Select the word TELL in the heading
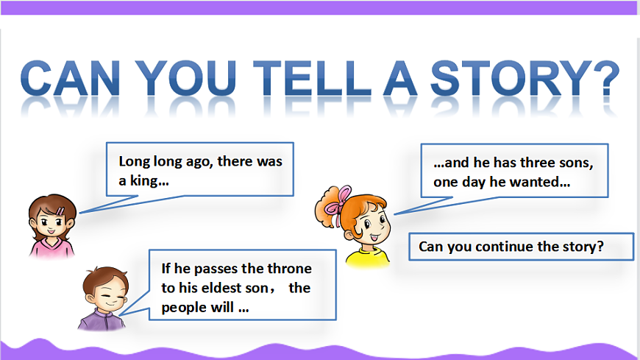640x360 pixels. (312, 77)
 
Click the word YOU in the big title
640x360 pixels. (185, 77)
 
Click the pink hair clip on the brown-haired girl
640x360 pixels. (60, 211)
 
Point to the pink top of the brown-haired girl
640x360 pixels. (52, 248)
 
